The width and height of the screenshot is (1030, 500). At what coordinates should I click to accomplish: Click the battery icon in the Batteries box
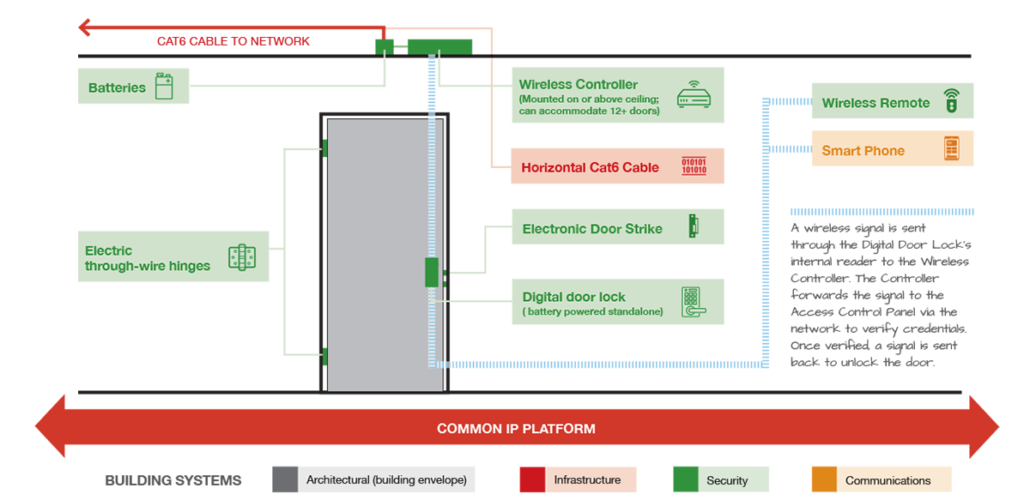coord(164,87)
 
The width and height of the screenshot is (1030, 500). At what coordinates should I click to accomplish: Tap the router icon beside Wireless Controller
coord(694,94)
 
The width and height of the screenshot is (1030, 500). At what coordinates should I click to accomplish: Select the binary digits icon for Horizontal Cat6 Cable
coord(694,166)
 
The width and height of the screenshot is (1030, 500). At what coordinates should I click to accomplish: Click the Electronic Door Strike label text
coord(592,229)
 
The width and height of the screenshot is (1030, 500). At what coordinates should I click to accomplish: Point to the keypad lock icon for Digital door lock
coord(692,302)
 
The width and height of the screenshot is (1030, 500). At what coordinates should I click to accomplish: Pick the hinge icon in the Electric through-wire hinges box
coord(242,257)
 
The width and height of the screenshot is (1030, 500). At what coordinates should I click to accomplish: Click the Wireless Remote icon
coord(950,101)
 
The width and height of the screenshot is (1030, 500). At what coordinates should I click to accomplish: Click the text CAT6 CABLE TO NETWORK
coord(233,41)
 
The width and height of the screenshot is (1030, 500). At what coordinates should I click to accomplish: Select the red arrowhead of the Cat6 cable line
coord(86,27)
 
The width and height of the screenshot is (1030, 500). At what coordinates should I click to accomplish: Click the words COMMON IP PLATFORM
coord(516,428)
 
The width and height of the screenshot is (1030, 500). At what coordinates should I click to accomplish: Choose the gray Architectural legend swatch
coord(285,479)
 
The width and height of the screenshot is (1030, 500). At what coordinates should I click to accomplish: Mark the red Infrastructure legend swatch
coord(532,479)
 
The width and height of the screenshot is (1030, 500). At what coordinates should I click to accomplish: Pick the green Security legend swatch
coord(685,479)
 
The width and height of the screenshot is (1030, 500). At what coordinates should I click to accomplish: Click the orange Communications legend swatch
coord(824,479)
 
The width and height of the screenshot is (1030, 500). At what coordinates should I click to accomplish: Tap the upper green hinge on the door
coord(324,148)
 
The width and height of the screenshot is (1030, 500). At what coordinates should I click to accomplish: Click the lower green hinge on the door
coord(324,357)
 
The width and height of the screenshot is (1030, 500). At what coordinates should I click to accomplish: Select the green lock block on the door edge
coord(432,272)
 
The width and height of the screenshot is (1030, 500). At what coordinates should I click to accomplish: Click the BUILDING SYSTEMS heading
coord(173,480)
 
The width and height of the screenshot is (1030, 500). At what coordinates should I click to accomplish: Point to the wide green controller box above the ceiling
coord(439,46)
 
